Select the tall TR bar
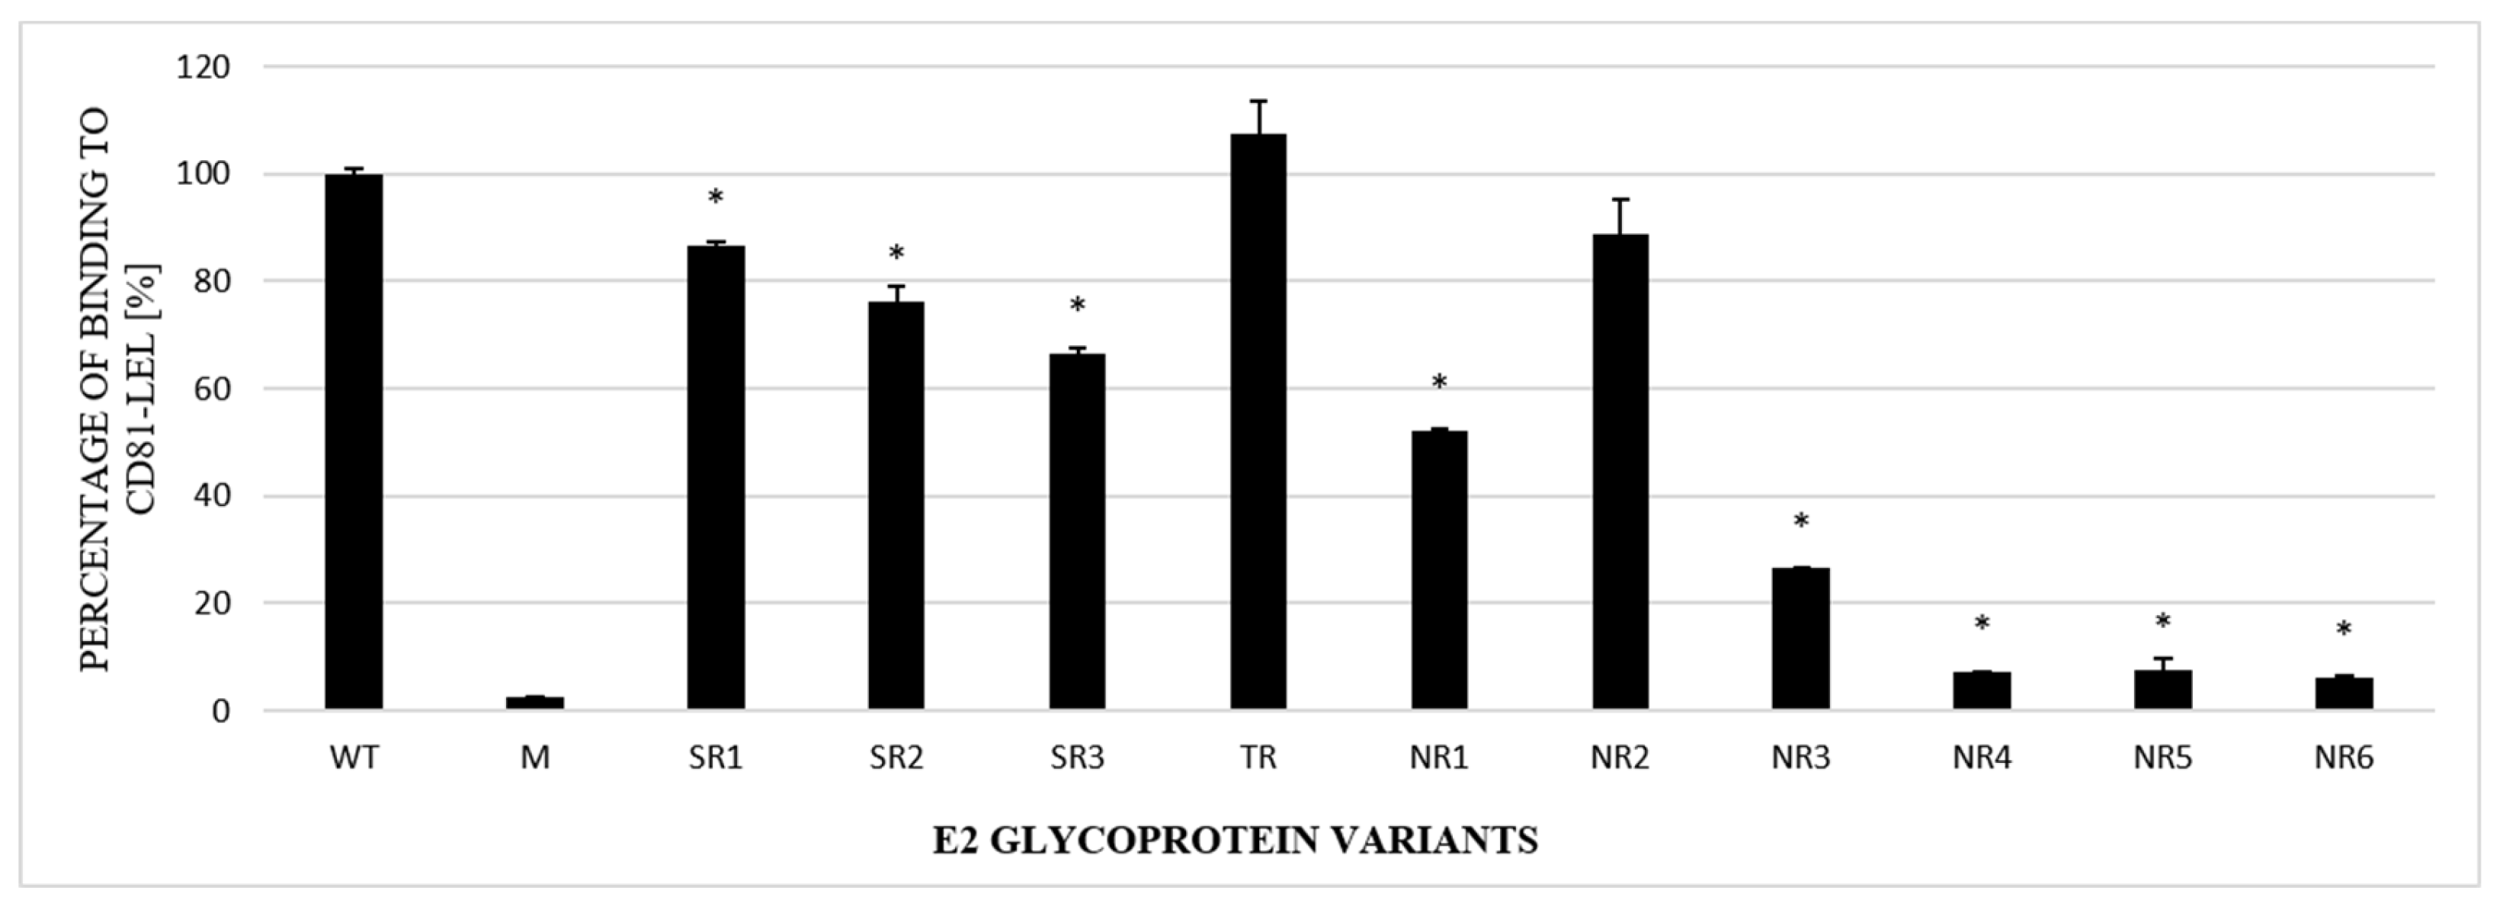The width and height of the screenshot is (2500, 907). [x=1258, y=422]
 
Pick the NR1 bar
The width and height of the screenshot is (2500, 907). [x=1438, y=569]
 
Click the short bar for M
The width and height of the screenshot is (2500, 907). [x=535, y=702]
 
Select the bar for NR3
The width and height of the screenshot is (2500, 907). [x=1800, y=638]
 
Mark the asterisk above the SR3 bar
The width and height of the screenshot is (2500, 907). [x=1077, y=306]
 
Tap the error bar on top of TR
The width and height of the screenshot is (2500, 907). [x=1258, y=117]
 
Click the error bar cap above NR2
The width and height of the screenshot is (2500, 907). [x=1620, y=200]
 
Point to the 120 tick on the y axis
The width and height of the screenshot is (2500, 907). [x=203, y=67]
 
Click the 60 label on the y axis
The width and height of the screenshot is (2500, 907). [x=209, y=388]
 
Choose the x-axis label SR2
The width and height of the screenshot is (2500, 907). [x=896, y=758]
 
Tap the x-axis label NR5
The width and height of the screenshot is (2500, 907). [x=2162, y=758]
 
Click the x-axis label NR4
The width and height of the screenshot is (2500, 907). [x=1981, y=758]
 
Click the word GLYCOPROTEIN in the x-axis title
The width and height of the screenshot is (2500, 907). [x=1152, y=840]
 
